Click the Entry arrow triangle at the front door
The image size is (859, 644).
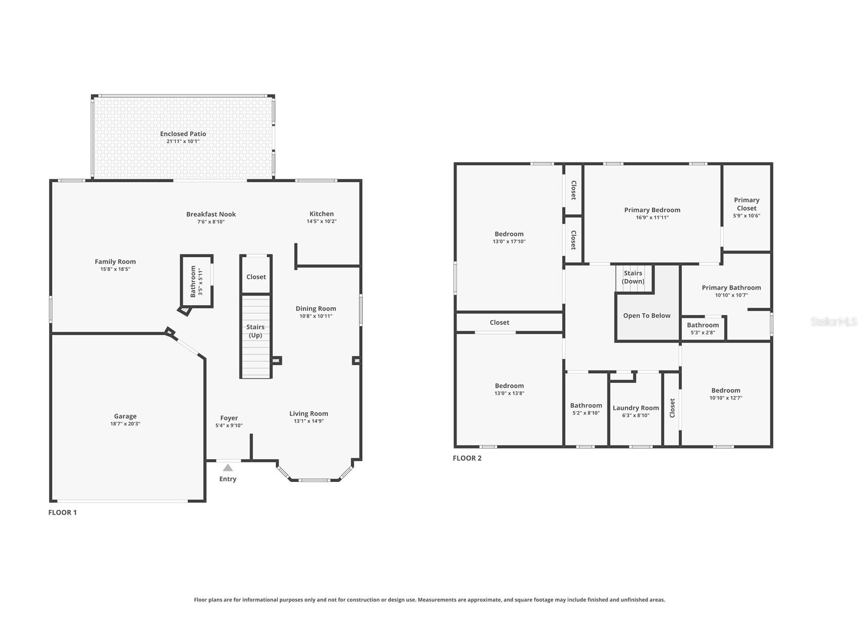228,467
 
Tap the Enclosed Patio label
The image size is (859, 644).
183,134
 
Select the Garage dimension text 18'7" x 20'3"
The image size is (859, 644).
125,424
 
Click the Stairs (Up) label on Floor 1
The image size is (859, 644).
256,331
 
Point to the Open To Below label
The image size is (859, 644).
647,315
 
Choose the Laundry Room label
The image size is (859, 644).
636,408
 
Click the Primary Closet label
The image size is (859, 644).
747,204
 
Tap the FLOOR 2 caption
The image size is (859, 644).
467,458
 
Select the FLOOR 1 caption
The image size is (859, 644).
63,512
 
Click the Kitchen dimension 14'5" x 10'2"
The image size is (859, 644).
321,221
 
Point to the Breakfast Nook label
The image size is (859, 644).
211,214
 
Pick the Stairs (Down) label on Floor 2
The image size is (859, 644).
633,277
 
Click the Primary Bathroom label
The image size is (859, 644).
731,288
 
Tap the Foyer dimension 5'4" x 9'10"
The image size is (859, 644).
229,425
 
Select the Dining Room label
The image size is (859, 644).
316,308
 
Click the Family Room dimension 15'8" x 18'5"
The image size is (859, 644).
115,269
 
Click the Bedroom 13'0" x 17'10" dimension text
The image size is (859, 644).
509,241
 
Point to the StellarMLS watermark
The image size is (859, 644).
834,321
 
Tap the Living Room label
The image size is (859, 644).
309,414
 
